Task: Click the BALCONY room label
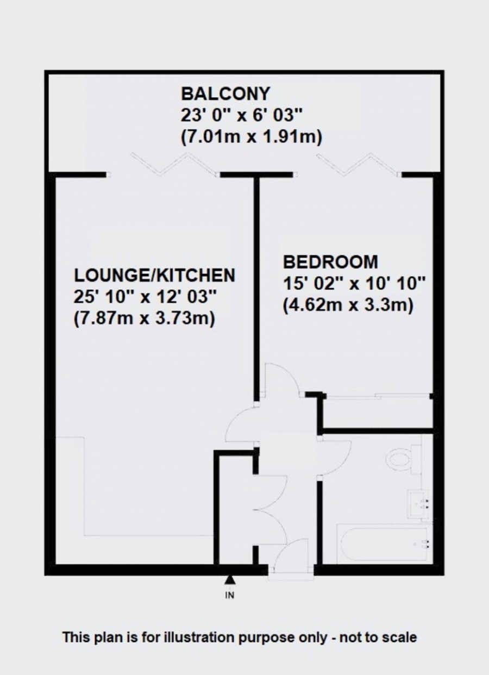[225, 93]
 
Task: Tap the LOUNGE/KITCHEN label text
[155, 276]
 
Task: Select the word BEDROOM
[330, 262]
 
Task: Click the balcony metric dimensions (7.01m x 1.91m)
[251, 138]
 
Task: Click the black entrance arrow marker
[229, 580]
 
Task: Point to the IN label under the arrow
[229, 596]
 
